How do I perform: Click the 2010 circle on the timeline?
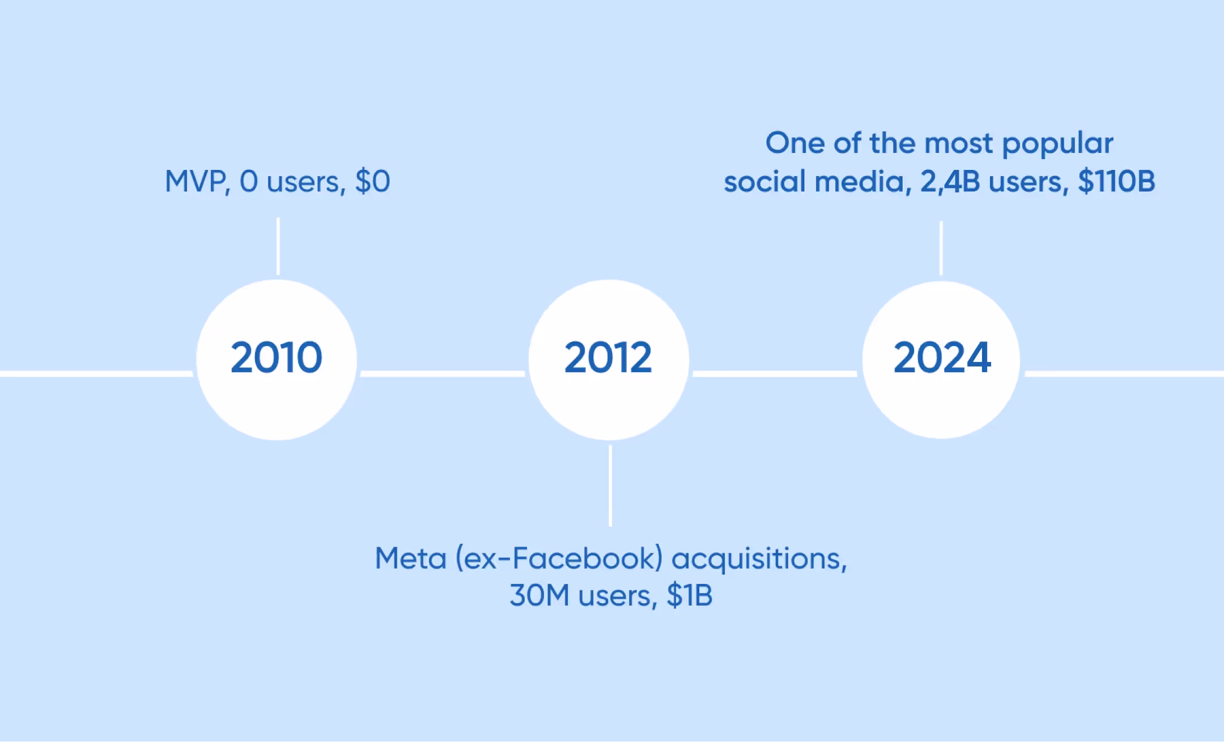[277, 359]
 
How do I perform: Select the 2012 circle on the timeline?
[609, 359]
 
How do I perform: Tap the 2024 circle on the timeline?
[941, 359]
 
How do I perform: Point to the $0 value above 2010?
[373, 182]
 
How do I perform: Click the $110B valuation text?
[1116, 182]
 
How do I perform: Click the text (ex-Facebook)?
[559, 559]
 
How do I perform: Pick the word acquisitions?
[759, 559]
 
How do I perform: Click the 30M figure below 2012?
[539, 596]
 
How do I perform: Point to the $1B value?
[690, 596]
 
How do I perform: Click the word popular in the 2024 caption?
[1057, 144]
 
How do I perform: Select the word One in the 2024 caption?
[795, 143]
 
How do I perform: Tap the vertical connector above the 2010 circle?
[278, 246]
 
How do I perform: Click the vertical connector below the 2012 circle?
[610, 485]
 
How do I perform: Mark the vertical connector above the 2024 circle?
[941, 248]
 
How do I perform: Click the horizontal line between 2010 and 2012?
[443, 373]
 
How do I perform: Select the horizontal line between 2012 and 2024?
[775, 373]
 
